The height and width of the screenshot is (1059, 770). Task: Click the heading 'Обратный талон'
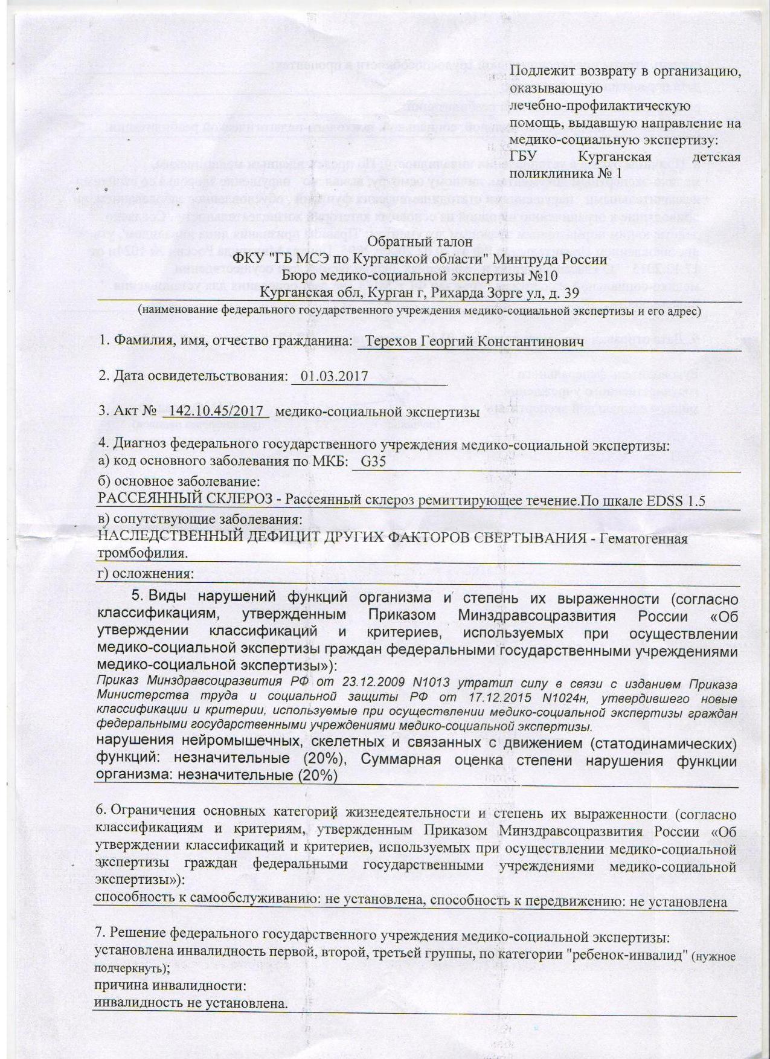412,243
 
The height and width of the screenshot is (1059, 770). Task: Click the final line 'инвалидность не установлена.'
191,1003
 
